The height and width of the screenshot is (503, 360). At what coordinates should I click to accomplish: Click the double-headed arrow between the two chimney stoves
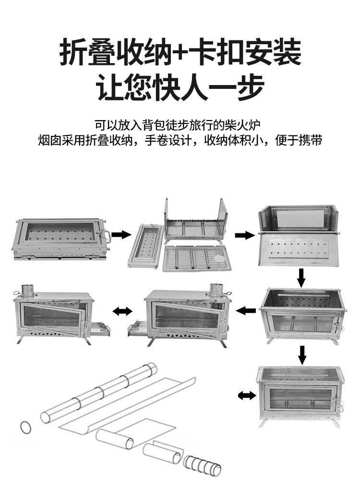pos(123,312)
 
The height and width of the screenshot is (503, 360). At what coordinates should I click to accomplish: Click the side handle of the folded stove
pos(106,236)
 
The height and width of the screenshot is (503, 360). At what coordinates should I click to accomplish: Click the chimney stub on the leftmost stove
pos(28,290)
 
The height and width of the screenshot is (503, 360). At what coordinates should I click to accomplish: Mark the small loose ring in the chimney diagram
pos(26,426)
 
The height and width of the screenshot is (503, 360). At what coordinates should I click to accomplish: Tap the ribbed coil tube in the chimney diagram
pos(202,465)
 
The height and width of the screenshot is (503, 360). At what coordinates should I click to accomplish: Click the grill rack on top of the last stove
pos(299,373)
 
